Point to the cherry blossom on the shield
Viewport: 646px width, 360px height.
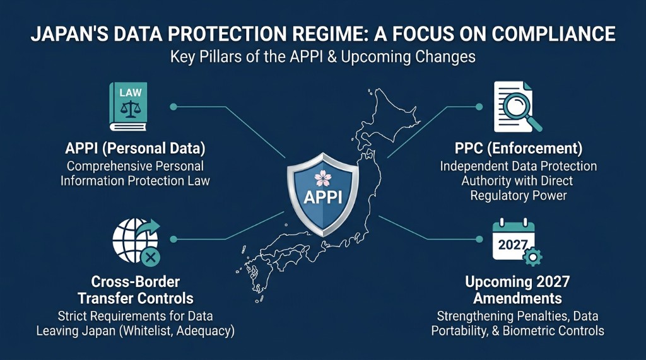coord(323,176)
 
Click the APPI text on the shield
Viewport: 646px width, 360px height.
coord(323,197)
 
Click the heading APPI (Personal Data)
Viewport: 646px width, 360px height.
coord(135,149)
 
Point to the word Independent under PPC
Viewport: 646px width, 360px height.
coord(471,166)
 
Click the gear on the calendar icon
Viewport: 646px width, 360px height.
coord(533,255)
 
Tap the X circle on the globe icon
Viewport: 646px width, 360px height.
coord(150,256)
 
